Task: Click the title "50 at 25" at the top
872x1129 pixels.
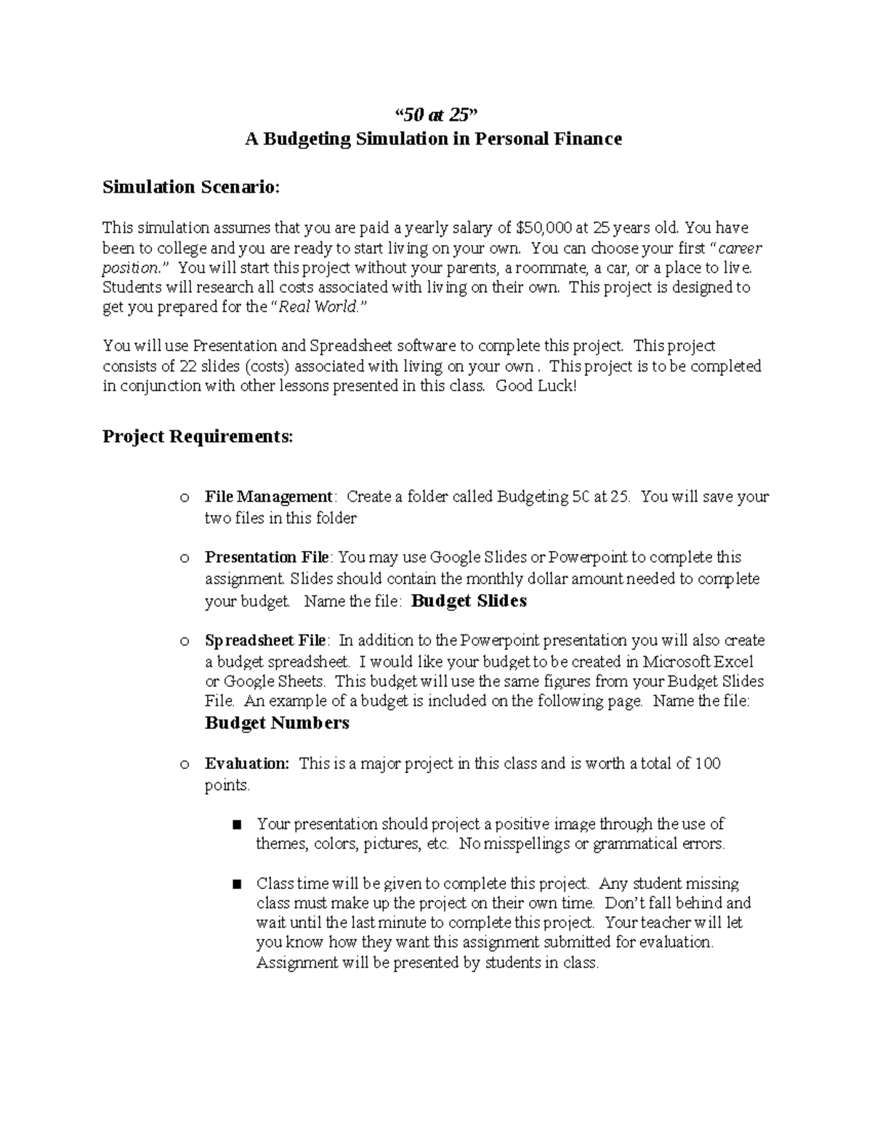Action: (x=436, y=115)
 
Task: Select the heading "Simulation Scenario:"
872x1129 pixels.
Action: (x=190, y=188)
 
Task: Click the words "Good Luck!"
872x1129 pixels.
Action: (x=536, y=385)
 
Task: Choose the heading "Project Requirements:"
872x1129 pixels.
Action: (x=198, y=436)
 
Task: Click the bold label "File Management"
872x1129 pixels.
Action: (x=267, y=497)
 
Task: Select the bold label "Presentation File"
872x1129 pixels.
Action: (x=267, y=558)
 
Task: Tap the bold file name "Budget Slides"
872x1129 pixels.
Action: (x=469, y=601)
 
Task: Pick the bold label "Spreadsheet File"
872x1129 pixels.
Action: (x=265, y=640)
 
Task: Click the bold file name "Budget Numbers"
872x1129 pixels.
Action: (x=277, y=723)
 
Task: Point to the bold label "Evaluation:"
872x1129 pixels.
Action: (x=247, y=763)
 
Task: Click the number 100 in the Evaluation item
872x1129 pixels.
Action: (x=707, y=763)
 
